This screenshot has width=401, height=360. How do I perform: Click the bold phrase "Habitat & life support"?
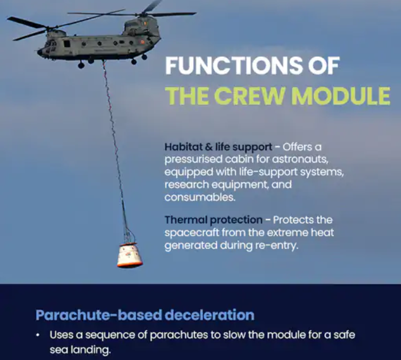point(218,147)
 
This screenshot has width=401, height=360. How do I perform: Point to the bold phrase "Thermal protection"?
point(214,220)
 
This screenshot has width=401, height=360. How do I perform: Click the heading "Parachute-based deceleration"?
point(145,315)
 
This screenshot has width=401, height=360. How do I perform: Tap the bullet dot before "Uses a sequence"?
point(38,335)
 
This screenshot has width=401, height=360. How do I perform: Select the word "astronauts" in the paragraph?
point(300,159)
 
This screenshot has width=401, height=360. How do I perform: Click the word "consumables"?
point(200,197)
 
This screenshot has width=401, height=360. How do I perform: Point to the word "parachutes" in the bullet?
point(179,335)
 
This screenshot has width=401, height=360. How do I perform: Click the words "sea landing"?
point(80,350)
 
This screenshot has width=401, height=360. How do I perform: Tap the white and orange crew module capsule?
point(130,255)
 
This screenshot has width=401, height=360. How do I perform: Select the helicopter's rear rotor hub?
point(140,15)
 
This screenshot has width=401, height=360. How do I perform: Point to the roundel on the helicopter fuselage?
point(142,42)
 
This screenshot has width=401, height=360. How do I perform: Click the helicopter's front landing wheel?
point(81,65)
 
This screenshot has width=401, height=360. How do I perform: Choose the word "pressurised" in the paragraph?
point(193,159)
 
